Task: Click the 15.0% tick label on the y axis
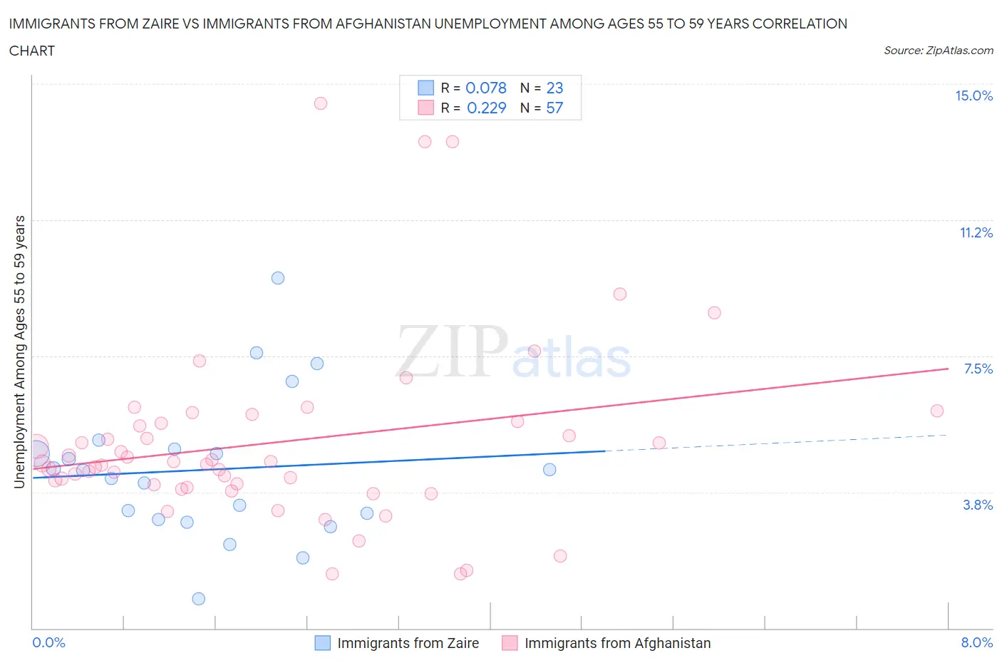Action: click(973, 96)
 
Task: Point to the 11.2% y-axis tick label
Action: click(976, 232)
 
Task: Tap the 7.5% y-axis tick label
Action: click(978, 369)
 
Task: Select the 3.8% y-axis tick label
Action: click(978, 505)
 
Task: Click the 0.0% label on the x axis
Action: click(48, 642)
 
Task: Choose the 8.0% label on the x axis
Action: click(976, 642)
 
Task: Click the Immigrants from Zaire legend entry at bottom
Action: click(407, 643)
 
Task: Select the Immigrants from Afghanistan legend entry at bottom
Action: click(617, 643)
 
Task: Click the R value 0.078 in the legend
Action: click(485, 88)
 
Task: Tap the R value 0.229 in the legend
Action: click(486, 108)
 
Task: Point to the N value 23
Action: click(554, 88)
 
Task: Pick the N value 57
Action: click(554, 108)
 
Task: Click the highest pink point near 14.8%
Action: click(321, 103)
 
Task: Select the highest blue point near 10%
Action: click(278, 278)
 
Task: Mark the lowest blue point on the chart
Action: click(199, 599)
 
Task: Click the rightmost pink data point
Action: click(937, 411)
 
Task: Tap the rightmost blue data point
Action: click(549, 470)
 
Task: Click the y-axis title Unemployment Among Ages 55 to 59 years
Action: click(19, 351)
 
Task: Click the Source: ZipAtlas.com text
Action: click(938, 51)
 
